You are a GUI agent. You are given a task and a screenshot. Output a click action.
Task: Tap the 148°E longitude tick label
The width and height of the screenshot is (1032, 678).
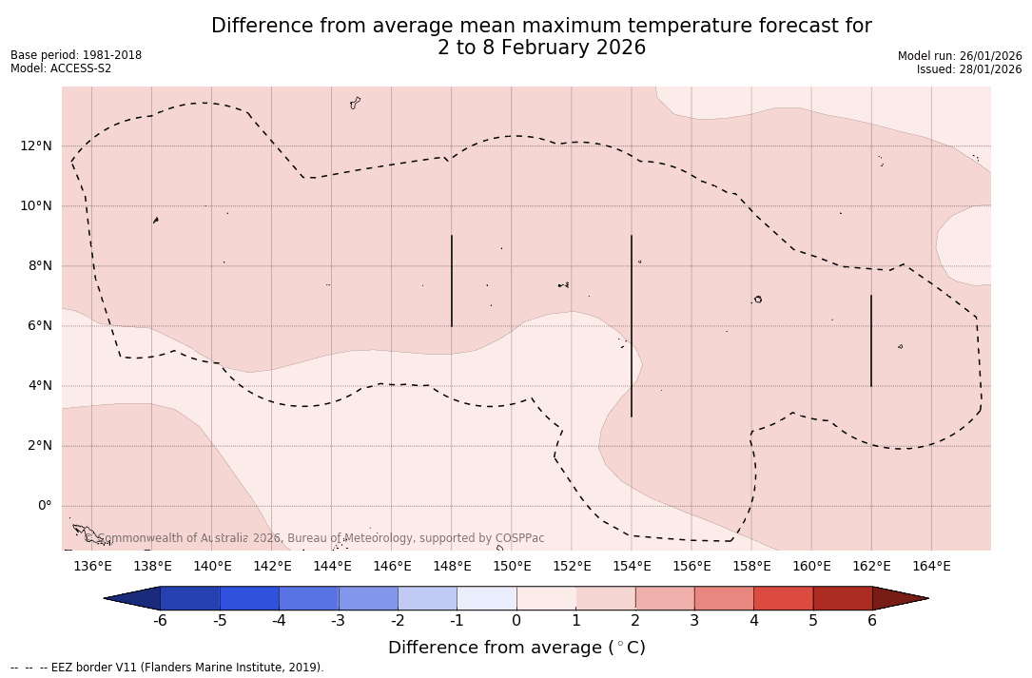(452, 567)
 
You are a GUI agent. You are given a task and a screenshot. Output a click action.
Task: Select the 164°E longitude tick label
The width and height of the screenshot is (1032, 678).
(931, 567)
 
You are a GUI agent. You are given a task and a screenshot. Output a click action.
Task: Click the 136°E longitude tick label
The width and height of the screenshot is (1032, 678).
(92, 567)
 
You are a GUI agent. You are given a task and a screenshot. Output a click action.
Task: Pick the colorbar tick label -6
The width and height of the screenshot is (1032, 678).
(160, 621)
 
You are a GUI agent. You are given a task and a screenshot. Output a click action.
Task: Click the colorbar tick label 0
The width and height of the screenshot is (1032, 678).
(516, 621)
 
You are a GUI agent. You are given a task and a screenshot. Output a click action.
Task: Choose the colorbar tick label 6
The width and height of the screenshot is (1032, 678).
(872, 621)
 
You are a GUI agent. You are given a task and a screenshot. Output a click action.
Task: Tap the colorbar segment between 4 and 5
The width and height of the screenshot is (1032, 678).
(783, 598)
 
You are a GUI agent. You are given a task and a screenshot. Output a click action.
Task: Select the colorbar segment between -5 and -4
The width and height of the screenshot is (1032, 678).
(249, 598)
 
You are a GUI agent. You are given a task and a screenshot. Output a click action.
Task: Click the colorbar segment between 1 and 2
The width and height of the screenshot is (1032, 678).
(605, 598)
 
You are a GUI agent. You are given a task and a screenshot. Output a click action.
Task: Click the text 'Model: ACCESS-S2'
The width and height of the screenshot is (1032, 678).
(61, 68)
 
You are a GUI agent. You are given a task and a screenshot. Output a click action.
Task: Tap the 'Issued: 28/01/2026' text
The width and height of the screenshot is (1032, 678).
(969, 69)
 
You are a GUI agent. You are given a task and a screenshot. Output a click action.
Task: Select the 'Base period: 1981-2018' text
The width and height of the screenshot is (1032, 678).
(76, 55)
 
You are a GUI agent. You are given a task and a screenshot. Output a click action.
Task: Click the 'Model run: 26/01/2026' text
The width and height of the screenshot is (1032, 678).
(960, 56)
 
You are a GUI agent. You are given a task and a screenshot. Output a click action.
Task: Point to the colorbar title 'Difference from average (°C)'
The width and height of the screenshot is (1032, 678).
(516, 648)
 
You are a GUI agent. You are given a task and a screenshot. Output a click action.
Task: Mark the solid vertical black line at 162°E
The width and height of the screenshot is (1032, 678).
(871, 340)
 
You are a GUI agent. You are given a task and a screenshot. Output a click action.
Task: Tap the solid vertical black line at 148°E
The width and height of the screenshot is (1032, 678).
(452, 281)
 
